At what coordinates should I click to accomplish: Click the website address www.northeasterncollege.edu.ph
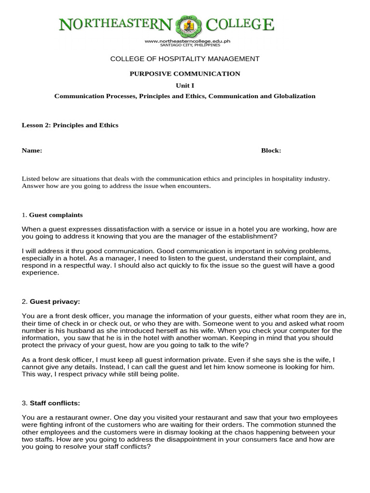[187, 41]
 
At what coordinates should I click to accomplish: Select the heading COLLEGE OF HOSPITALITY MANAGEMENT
[185, 59]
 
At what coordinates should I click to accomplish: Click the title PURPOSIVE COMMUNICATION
[185, 74]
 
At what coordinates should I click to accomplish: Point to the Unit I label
[185, 85]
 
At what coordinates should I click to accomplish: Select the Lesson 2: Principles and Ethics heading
[70, 125]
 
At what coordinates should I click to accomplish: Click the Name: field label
[32, 150]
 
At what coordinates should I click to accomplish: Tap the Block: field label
[271, 150]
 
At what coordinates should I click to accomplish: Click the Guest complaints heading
[56, 215]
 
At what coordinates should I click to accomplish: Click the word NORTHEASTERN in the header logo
[115, 25]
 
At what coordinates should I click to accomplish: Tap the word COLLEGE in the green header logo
[240, 25]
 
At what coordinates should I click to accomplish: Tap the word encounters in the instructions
[195, 186]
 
